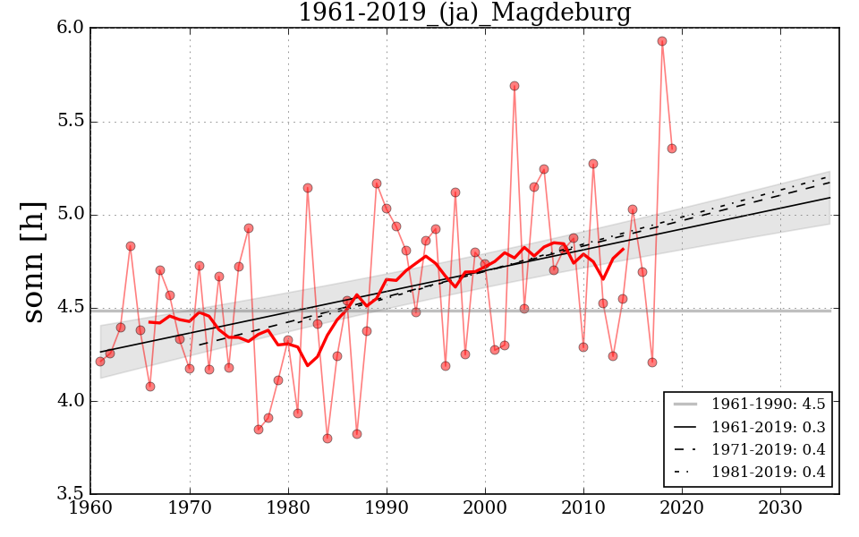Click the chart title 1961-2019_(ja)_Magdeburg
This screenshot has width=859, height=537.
(x=464, y=13)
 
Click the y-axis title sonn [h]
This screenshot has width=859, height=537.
(x=34, y=261)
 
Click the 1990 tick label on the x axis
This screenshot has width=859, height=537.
(x=387, y=508)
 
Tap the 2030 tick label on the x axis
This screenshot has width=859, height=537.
(x=780, y=508)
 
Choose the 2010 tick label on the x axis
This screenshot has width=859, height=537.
(x=583, y=508)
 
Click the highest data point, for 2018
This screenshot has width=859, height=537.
(x=662, y=41)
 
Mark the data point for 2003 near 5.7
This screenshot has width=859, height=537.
(x=515, y=86)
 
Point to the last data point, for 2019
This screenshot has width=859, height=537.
(x=672, y=149)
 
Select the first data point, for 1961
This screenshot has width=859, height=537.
(x=100, y=362)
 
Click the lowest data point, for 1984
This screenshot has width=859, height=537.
(x=327, y=439)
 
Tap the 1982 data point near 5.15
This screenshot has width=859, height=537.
(x=308, y=188)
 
